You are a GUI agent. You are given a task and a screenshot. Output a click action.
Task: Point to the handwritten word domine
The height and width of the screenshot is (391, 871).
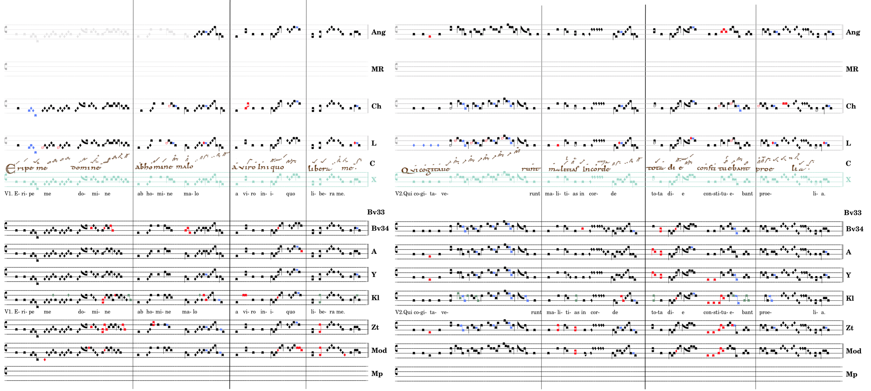(x=86, y=167)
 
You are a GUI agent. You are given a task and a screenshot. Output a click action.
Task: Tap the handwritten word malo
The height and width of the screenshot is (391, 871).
(x=185, y=166)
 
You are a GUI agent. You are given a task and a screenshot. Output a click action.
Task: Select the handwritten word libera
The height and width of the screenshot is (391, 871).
(x=319, y=168)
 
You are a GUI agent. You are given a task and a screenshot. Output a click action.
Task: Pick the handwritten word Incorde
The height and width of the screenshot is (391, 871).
(x=596, y=168)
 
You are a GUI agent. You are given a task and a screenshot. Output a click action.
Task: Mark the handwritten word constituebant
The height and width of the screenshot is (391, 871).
(x=723, y=168)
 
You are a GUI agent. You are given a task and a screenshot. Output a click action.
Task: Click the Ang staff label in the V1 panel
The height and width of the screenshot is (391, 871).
(x=378, y=32)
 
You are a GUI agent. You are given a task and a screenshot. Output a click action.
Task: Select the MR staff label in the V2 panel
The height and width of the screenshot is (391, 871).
(x=852, y=69)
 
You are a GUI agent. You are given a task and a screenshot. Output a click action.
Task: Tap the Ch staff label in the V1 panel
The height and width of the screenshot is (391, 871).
(x=376, y=106)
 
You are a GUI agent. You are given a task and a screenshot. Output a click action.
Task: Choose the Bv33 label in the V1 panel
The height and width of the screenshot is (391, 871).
(x=376, y=212)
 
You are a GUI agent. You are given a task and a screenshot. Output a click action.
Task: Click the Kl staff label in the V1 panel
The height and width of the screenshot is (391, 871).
(x=375, y=298)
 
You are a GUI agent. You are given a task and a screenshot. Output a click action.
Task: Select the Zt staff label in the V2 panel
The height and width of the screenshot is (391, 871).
(x=849, y=328)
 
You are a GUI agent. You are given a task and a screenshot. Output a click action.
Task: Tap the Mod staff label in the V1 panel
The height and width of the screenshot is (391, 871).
(x=379, y=350)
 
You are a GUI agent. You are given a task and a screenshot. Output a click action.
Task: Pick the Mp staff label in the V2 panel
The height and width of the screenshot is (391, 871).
(x=851, y=374)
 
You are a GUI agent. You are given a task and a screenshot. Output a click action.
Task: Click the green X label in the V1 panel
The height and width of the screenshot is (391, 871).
(x=373, y=180)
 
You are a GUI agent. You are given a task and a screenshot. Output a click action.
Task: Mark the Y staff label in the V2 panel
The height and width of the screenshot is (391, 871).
(x=848, y=275)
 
